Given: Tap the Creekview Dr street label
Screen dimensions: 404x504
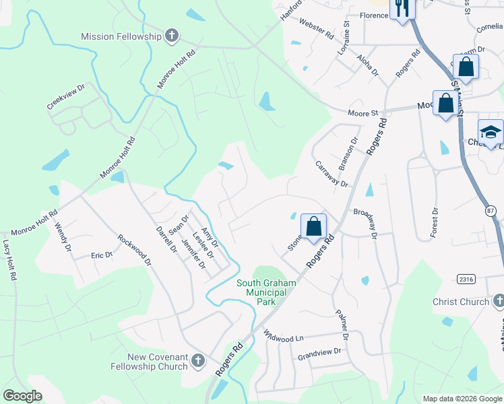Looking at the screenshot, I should [x=66, y=97].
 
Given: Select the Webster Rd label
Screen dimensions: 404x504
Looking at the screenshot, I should [x=317, y=28].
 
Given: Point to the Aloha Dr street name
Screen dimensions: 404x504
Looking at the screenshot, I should [x=369, y=65].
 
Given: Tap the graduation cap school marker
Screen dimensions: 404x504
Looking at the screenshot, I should [x=491, y=132].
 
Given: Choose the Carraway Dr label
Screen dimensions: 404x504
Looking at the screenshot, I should [x=331, y=174].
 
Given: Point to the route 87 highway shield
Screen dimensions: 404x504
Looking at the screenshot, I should [x=491, y=212].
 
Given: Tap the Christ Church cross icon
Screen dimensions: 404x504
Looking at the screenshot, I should [x=498, y=301].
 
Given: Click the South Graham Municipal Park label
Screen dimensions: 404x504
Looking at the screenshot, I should [x=265, y=292].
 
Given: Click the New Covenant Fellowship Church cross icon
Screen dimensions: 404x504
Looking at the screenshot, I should [x=198, y=343].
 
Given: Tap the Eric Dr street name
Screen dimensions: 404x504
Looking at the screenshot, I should [x=102, y=255].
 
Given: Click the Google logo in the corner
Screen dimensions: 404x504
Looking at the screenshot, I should [x=22, y=396].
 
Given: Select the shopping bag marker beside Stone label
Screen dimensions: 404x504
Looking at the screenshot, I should [x=314, y=226].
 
